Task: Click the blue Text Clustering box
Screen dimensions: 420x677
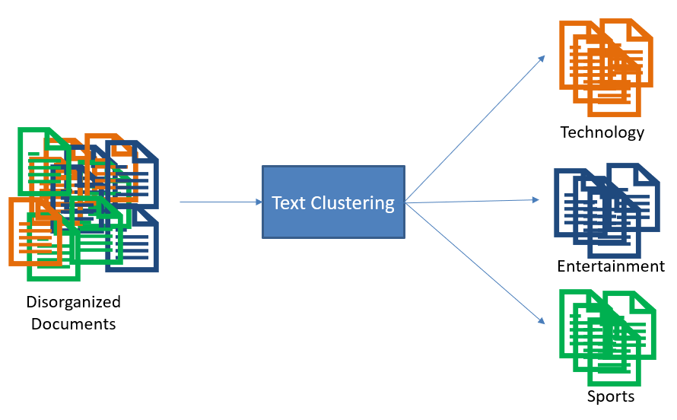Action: [333, 202]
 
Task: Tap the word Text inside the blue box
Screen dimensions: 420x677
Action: [288, 203]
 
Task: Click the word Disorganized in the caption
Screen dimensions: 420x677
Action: [74, 301]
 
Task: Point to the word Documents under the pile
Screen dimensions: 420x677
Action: [74, 324]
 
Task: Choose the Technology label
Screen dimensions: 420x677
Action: [602, 132]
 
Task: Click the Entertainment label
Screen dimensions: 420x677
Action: [610, 266]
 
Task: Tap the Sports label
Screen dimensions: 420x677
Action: [610, 396]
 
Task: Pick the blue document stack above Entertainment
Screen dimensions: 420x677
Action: [606, 210]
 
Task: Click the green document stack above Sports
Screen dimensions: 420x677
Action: [606, 336]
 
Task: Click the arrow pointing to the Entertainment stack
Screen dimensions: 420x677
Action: [472, 201]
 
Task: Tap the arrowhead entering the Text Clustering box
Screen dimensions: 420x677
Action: [258, 202]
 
